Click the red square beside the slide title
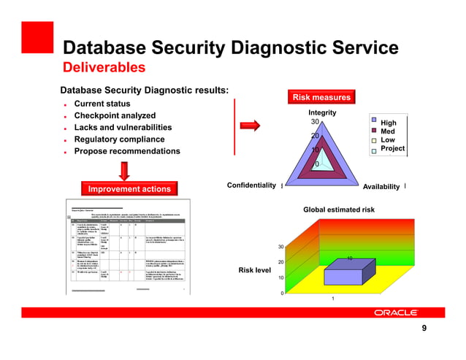pos(36,37)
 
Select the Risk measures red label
pos(321,97)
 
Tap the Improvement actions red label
pos(129,189)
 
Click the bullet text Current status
pos(102,104)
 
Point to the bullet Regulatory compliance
pos(119,139)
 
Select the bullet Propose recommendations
pos(126,151)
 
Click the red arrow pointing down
pos(125,170)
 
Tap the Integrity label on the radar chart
pos(321,112)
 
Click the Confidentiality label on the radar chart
pos(252,185)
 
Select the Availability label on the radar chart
pos(381,187)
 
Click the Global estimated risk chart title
pos(339,210)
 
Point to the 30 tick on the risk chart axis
pos(281,247)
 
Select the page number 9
pos(424,329)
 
